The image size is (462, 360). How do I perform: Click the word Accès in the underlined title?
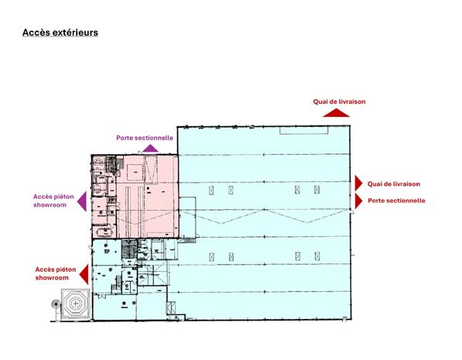33,33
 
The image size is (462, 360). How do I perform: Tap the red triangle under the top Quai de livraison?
336,113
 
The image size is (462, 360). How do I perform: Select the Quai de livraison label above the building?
339,101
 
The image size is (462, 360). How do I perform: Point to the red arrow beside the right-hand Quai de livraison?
358,183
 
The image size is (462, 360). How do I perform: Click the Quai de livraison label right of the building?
394,184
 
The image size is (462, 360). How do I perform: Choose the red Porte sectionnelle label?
396,201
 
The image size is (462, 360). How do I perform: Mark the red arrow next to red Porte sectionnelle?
358,201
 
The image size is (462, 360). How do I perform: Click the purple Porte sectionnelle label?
145,138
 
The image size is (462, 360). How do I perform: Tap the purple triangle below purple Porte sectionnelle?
150,149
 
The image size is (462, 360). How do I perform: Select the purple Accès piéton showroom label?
53,201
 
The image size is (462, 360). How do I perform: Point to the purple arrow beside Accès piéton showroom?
82,201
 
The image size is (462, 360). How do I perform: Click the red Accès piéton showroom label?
56,273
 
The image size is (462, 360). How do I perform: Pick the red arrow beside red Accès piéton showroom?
84,275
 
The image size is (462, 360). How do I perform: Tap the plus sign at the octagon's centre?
75,303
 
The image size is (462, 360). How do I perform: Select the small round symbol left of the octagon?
55,304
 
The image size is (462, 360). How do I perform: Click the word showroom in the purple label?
50,204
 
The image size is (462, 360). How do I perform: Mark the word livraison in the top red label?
352,101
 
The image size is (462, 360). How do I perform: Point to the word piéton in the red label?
66,269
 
